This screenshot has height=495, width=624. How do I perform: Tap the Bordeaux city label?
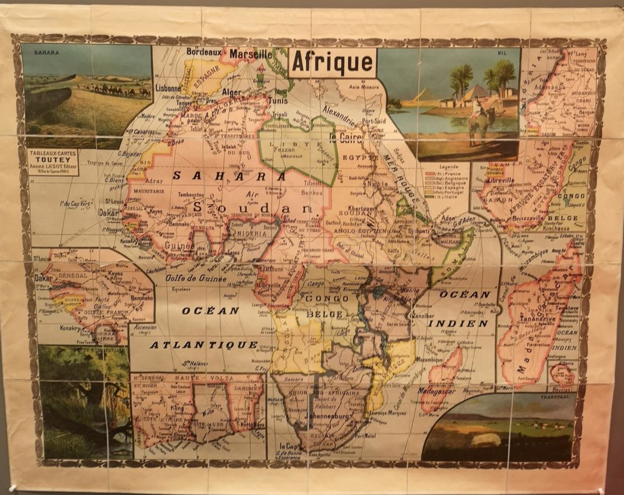(x=204, y=51)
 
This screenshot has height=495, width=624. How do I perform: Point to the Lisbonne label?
(x=169, y=88)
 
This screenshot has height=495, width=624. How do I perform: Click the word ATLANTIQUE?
(x=203, y=344)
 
